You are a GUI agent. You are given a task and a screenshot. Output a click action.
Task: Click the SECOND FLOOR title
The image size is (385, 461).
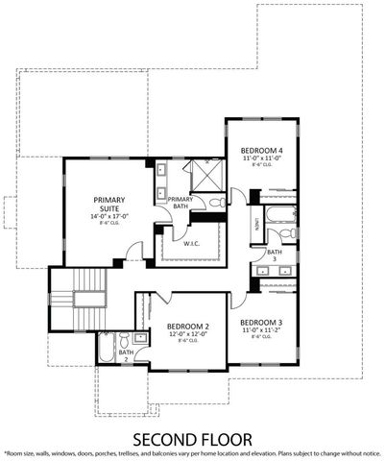click(192, 438)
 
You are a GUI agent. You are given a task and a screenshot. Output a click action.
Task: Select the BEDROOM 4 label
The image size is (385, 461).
click(261, 151)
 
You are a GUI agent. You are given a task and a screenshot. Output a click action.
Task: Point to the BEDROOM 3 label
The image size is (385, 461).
click(260, 322)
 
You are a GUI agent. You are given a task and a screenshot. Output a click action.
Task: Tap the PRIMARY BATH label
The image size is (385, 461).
click(180, 204)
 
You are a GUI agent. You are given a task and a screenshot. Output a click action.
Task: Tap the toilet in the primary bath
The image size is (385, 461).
click(216, 202)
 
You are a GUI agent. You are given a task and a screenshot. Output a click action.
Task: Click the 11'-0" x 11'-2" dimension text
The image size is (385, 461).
click(260, 330)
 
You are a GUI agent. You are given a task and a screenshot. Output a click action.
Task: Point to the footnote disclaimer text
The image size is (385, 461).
click(192, 452)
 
